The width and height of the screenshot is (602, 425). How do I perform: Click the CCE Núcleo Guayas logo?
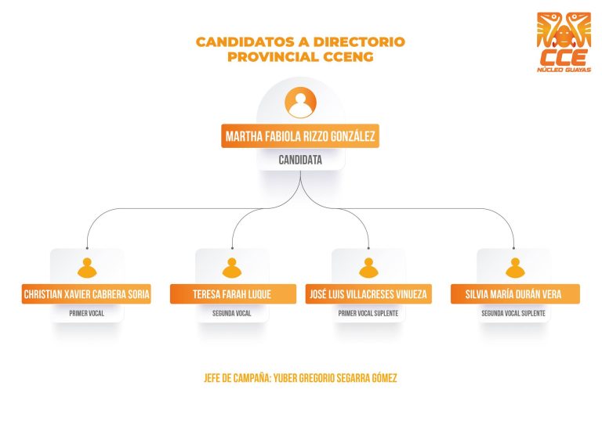click(564, 42)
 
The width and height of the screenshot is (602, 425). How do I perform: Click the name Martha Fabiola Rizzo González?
click(300, 136)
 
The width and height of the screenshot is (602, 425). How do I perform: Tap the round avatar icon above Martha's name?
click(301, 103)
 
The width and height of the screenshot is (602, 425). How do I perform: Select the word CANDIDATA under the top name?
click(300, 160)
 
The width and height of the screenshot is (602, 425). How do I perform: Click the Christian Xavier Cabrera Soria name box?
click(86, 294)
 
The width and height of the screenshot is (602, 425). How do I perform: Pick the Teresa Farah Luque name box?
click(233, 294)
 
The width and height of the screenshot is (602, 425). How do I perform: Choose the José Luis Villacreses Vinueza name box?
click(368, 294)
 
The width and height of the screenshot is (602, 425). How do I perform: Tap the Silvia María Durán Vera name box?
click(515, 294)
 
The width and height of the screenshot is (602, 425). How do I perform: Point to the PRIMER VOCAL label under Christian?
click(87, 314)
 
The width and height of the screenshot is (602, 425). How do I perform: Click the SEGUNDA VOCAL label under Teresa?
click(232, 314)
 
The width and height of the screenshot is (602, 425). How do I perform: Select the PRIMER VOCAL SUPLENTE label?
click(368, 314)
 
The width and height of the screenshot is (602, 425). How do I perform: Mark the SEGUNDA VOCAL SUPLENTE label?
click(513, 314)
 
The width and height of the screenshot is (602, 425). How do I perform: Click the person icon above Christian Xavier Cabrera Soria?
click(87, 268)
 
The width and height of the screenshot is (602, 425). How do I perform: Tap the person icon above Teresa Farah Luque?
click(232, 268)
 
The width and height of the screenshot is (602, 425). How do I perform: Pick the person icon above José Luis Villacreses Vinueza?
click(368, 268)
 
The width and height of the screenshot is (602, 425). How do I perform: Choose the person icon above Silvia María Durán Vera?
click(515, 268)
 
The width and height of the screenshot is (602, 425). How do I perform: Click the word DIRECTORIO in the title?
click(359, 41)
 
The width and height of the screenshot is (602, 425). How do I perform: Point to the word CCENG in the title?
click(348, 56)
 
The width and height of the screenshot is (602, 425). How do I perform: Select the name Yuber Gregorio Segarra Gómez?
click(335, 378)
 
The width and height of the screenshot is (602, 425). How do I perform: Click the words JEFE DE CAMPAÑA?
click(238, 378)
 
